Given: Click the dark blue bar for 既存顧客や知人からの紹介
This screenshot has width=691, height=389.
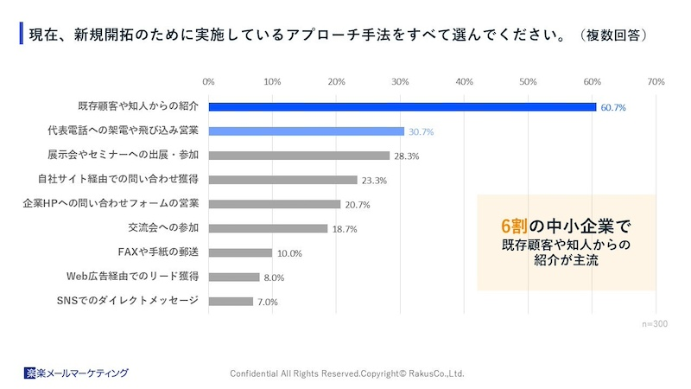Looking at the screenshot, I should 402,107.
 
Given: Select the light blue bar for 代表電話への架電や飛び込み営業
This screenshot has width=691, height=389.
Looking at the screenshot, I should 306,131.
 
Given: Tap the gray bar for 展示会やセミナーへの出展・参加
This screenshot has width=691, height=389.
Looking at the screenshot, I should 299,156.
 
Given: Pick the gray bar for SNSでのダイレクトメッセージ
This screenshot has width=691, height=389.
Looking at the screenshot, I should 231,302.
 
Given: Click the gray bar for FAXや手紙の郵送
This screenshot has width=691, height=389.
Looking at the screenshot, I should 240,253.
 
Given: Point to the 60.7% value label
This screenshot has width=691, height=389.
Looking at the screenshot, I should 613,108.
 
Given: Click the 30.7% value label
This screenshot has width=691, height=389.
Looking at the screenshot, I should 421,132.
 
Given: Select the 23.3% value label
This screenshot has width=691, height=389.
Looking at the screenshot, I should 374,181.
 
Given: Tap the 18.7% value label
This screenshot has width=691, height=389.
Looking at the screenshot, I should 345,229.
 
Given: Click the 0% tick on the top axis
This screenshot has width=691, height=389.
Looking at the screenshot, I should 208,82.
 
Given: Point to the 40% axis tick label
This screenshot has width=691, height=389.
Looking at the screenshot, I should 464,82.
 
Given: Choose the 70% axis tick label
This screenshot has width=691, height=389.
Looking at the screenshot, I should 656,82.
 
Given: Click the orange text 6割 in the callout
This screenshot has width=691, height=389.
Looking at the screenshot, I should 516,226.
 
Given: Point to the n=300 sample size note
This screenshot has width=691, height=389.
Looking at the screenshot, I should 655,322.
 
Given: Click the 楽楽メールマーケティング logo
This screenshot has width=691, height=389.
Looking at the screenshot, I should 76,373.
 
